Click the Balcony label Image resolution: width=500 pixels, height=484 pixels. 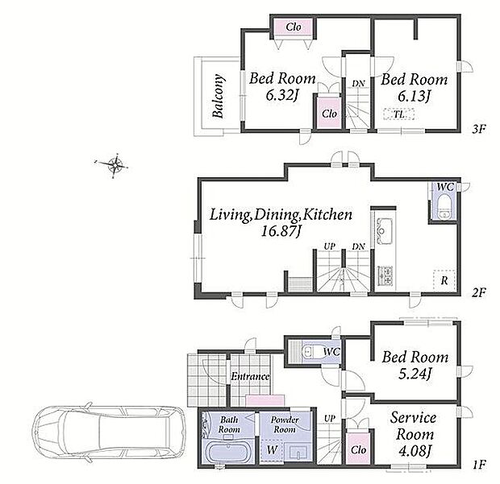(218, 96)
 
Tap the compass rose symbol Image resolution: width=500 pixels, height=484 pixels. (115, 165)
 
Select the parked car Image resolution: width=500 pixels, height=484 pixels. (109, 434)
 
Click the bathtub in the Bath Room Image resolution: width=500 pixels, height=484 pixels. (227, 452)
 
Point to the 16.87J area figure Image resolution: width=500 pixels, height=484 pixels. (281, 230)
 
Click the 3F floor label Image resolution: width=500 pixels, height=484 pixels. (478, 129)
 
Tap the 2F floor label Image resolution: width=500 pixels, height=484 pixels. (478, 292)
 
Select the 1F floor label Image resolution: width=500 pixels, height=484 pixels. (479, 465)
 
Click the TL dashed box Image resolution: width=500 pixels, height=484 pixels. (399, 114)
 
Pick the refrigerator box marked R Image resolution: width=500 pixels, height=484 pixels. (444, 280)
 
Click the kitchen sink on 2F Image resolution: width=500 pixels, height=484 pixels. (384, 230)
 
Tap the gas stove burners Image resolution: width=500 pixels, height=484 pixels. (385, 275)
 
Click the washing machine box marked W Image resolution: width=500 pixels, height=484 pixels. (272, 450)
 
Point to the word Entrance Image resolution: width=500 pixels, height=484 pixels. (250, 376)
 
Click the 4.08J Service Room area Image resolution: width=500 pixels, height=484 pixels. (415, 450)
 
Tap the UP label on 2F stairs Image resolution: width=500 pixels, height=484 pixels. (329, 246)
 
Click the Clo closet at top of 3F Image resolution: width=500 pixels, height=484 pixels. (294, 27)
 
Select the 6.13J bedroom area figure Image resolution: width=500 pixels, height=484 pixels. (414, 95)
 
